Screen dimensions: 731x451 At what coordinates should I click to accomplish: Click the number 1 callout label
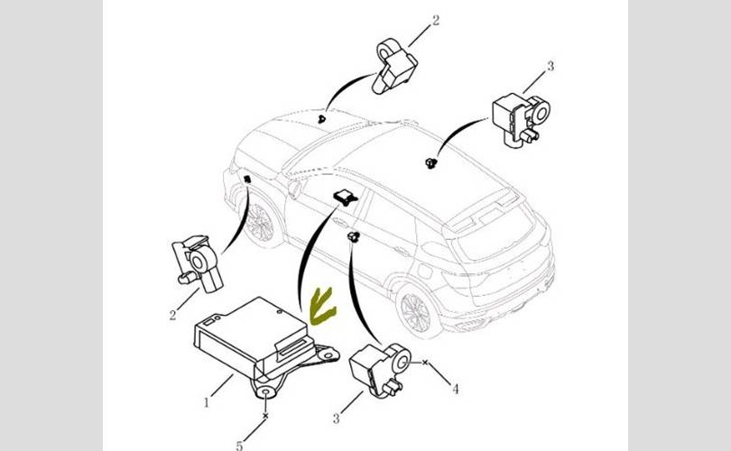tap(207, 402)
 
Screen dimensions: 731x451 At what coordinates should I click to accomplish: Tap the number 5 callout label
tap(239, 446)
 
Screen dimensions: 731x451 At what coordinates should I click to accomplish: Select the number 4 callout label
tap(456, 389)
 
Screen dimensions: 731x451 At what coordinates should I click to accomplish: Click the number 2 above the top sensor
tap(435, 20)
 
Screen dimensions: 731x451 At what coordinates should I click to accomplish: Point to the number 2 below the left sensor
tap(172, 315)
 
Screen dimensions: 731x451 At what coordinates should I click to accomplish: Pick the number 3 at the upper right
tap(551, 66)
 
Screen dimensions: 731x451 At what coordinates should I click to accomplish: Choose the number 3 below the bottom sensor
tap(336, 419)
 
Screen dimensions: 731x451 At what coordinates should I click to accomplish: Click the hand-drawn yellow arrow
tap(322, 307)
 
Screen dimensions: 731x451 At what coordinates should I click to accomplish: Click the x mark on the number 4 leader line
tap(425, 362)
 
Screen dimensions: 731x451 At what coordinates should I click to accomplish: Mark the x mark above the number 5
tap(265, 415)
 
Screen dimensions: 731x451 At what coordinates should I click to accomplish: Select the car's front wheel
tap(258, 223)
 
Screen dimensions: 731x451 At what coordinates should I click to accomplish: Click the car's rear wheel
tap(415, 311)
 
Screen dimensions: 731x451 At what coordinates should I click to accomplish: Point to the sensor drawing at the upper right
tap(521, 120)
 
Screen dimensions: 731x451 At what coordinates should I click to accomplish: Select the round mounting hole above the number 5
tap(265, 392)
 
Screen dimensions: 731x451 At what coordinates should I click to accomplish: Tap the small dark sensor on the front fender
tap(247, 179)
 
